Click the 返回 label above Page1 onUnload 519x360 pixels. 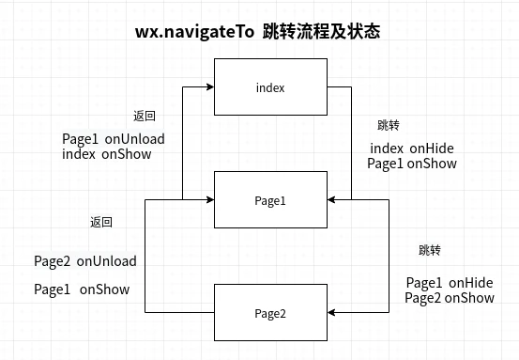coord(144,117)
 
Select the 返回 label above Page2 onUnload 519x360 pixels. coord(101,223)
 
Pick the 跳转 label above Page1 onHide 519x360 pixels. coord(430,251)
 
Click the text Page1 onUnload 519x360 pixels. coord(114,139)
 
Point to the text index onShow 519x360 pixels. coord(106,154)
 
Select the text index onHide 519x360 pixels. coord(413,149)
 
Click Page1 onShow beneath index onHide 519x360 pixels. coord(412,164)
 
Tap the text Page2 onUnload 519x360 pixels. coord(85,261)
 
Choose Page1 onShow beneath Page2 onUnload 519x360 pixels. coord(82,290)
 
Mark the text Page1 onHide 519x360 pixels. coord(450,282)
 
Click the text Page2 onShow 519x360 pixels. coord(450,298)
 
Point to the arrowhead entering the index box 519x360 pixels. coord(211,87)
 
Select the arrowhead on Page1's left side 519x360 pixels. coord(211,200)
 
